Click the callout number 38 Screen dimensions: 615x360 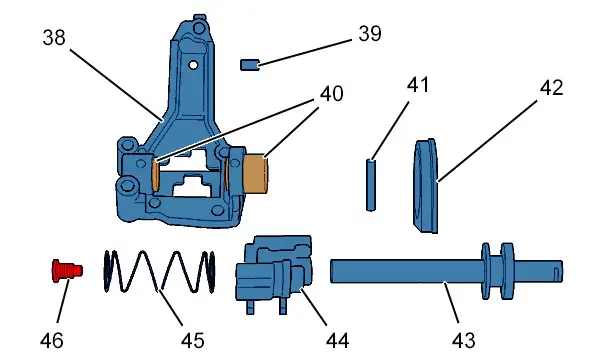tap(54, 38)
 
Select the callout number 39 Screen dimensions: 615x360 tap(370, 34)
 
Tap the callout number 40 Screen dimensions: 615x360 tap(332, 94)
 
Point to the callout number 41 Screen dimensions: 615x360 tap(418, 85)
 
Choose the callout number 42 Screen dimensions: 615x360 tap(551, 88)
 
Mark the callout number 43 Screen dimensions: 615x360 tap(464, 340)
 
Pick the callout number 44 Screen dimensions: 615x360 tap(337, 340)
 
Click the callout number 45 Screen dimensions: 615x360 tap(193, 340)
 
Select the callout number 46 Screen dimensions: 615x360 tap(51, 340)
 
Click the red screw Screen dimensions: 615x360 tap(67, 270)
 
